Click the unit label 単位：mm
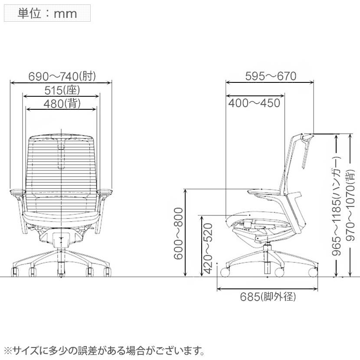point(47,13)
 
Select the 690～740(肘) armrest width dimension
point(62,76)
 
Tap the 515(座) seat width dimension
point(62,90)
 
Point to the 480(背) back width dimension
point(62,104)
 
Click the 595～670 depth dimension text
point(271,76)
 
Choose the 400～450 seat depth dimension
point(254,103)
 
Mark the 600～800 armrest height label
point(178,234)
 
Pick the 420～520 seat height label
point(208,249)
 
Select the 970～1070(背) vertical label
point(350,205)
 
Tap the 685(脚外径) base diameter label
point(268,297)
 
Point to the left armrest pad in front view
point(17,191)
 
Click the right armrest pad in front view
point(105,191)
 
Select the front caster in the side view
point(225,272)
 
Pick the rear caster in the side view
point(313,272)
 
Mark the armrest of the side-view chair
point(265,192)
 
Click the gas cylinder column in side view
point(267,259)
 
